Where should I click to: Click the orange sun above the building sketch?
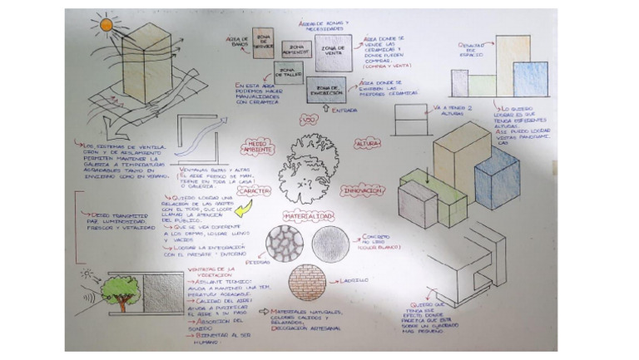coord(106,25)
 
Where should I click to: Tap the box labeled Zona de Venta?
coord(334,52)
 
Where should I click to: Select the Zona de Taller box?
coord(288,73)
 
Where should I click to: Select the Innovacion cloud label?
coord(361,191)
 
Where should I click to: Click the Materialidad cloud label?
coord(309,217)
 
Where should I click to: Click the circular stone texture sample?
coord(283,244)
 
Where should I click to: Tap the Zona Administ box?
coord(296,51)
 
